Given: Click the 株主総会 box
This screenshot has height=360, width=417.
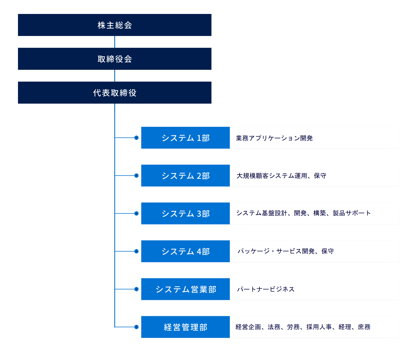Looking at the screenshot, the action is [115, 25].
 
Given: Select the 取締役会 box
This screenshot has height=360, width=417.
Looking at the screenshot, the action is [115, 59].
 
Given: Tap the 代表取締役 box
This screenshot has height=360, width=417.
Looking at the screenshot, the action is [115, 93].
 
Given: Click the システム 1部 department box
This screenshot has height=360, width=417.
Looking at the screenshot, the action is [185, 138].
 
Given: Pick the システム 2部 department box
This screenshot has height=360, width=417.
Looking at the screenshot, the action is [185, 176].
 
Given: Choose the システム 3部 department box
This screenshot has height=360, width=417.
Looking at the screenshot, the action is [185, 213].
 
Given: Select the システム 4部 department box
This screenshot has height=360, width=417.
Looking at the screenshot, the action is [185, 251].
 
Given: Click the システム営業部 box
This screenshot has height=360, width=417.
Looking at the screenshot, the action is [185, 289].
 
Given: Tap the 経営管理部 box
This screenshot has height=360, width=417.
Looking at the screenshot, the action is [185, 327].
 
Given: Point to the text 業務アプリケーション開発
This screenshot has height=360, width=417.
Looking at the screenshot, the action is [274, 138].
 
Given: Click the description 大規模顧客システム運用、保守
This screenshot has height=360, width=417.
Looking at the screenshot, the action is [281, 176].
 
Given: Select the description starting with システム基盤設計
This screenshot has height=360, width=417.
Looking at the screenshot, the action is [303, 213].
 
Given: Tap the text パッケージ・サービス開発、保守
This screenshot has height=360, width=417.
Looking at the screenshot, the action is [286, 251].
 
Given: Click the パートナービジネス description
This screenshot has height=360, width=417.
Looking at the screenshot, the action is [266, 289].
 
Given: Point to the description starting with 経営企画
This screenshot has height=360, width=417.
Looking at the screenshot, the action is [303, 327].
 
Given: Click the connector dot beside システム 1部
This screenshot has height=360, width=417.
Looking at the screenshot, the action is [136, 138].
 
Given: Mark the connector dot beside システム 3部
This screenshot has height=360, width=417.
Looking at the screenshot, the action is [136, 213].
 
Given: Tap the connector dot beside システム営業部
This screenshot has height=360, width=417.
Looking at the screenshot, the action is [136, 289].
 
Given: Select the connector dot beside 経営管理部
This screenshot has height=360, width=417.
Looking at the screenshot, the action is [136, 327].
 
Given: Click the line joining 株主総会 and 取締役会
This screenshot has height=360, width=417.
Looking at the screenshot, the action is [115, 42].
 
